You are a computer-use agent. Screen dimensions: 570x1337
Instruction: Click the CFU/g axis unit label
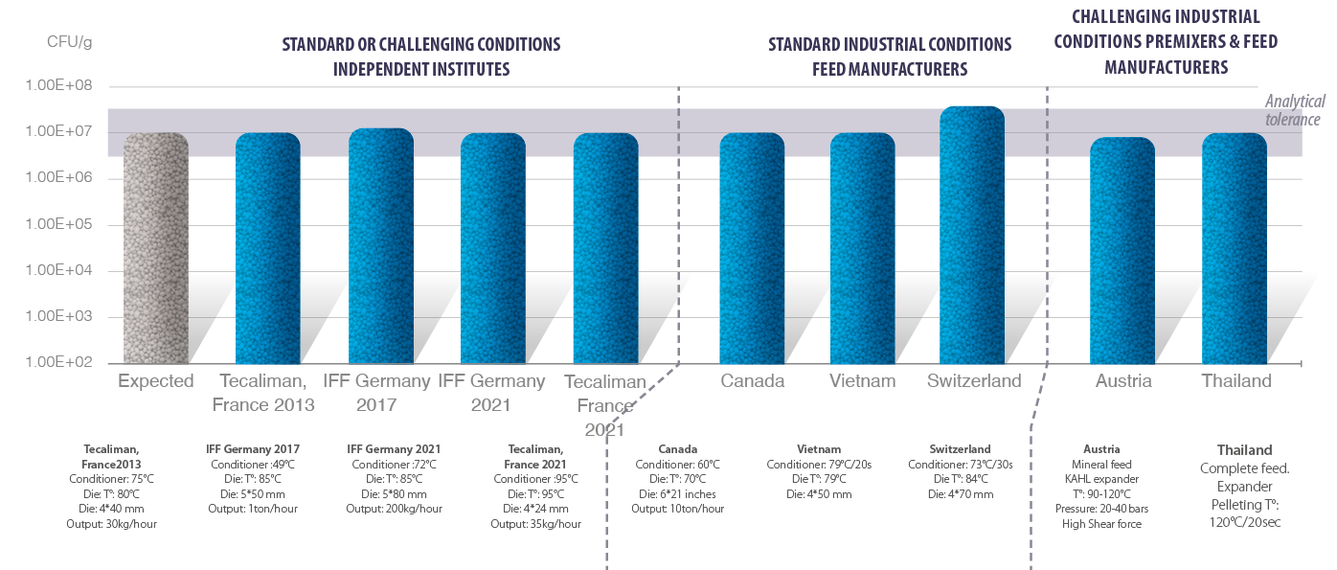point(69,42)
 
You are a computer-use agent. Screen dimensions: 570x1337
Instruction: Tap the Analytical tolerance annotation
point(1294,110)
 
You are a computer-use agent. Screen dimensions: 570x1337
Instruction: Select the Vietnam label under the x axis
point(862,381)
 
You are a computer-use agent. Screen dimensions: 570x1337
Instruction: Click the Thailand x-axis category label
point(1236,381)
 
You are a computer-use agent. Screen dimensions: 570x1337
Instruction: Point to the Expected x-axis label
point(155,381)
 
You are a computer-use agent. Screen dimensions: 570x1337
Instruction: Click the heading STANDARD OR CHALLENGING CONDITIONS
point(420,45)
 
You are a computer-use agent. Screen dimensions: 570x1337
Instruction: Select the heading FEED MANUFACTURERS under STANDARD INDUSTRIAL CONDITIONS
point(890,69)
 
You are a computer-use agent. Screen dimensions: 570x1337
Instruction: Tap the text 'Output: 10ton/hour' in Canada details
point(677,509)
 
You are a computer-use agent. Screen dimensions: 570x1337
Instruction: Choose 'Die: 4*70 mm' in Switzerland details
point(960,494)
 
